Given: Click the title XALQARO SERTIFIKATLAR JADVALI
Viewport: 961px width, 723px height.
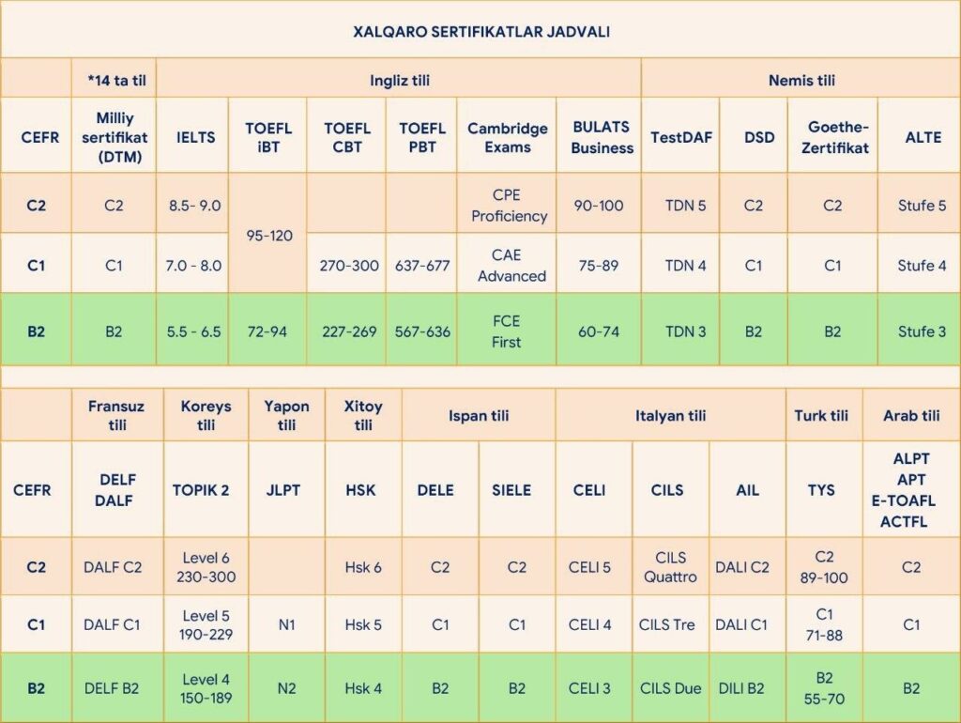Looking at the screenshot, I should coord(481,32).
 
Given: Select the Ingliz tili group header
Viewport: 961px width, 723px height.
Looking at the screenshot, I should coord(399,80).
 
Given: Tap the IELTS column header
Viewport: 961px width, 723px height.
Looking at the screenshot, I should coord(195,137).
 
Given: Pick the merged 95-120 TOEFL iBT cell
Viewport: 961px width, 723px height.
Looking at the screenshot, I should coord(268,235).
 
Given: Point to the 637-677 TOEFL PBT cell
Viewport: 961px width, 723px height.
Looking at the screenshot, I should coord(422,266).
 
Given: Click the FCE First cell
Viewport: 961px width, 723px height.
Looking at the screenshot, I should coord(506,331).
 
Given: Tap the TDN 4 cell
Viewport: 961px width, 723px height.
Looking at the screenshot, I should coord(685,266).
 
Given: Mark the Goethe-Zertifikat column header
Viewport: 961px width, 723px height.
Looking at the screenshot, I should coord(832,137).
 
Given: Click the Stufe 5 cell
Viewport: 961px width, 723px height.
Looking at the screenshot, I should coord(922,206).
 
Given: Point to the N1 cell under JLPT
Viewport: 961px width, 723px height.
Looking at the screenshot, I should coord(286,624).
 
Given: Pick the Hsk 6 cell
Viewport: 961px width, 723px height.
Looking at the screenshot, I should coord(363,567).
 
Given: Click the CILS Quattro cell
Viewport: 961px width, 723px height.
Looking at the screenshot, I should coord(670,567).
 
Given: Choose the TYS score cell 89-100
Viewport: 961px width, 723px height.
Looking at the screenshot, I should coord(824,567).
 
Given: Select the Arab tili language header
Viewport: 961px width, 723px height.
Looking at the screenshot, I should coord(911,415).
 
